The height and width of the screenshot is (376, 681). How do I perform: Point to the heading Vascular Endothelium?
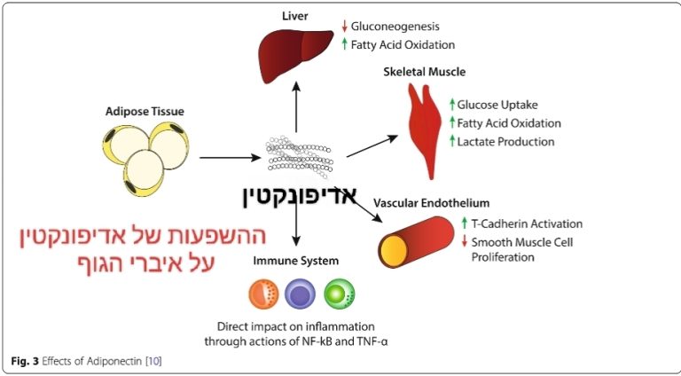coord(432,203)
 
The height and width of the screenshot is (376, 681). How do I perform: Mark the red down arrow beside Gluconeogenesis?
coord(344,27)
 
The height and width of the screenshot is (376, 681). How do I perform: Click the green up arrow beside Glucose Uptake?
coord(451,105)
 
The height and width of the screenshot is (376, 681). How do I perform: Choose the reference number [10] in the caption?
coord(153,361)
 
